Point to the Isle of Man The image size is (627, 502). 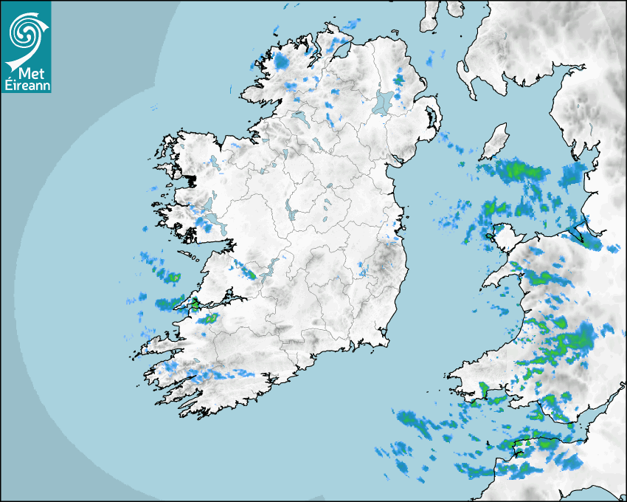(x=495, y=142)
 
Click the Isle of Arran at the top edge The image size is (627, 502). (x=429, y=16)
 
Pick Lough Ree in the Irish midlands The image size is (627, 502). (x=288, y=210)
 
